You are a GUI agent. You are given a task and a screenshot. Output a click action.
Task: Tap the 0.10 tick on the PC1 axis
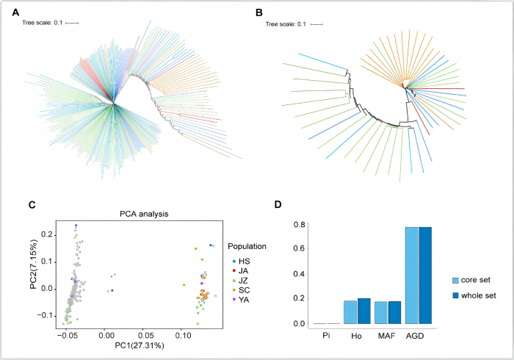[x=181, y=334]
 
